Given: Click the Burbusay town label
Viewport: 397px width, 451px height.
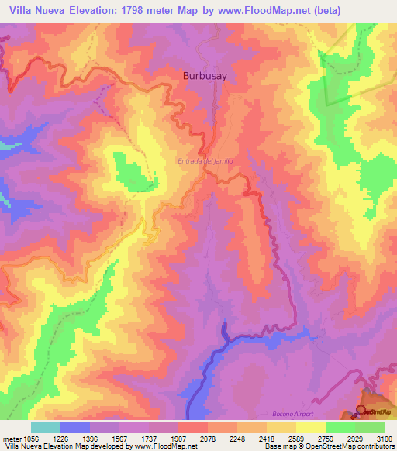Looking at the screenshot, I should pyautogui.click(x=205, y=76).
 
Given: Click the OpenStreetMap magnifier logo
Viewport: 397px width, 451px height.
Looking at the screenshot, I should pyautogui.click(x=361, y=411).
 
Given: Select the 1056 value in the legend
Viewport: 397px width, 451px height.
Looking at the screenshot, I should pyautogui.click(x=31, y=439).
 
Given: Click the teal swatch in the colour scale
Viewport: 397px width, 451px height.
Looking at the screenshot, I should pyautogui.click(x=46, y=427).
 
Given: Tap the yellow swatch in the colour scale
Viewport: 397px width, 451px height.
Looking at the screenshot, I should pyautogui.click(x=310, y=427).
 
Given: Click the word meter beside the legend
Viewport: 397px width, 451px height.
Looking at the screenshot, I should pyautogui.click(x=9, y=439).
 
